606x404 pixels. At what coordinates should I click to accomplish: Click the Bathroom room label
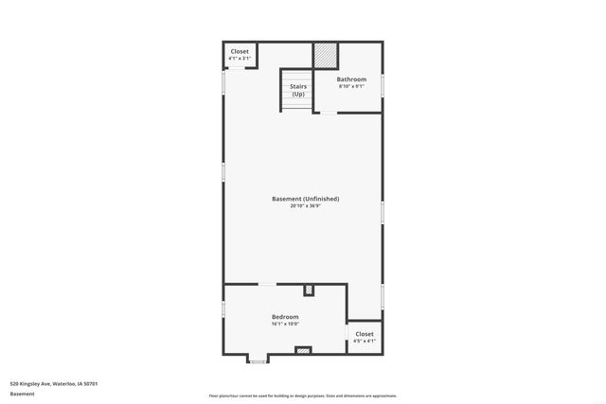tap(351, 79)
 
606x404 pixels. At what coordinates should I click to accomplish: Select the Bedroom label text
tap(285, 316)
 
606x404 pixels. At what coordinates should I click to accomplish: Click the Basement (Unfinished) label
tap(305, 199)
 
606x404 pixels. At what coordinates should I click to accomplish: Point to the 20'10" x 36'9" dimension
tap(305, 206)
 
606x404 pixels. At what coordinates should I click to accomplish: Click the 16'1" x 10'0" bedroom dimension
tap(285, 324)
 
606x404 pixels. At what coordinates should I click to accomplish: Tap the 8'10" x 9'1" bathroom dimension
tap(351, 86)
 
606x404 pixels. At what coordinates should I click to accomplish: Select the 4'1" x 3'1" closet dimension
tap(240, 58)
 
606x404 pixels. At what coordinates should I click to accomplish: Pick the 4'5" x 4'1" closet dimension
tap(365, 341)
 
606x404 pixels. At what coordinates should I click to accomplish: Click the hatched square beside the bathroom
tap(326, 55)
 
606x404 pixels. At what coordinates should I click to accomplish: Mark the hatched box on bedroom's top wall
tap(309, 290)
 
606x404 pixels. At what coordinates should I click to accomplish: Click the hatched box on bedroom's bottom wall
tap(303, 350)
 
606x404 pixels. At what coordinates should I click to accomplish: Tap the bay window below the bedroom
tap(258, 360)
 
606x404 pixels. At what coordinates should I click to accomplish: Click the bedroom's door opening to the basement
tap(269, 284)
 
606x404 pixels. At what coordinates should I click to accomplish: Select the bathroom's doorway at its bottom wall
tap(326, 113)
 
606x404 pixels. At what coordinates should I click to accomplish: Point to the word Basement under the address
tap(22, 393)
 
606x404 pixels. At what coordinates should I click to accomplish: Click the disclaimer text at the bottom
tap(302, 395)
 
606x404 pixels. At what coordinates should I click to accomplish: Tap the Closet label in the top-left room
tap(240, 51)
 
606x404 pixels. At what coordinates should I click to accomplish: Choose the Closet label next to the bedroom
tap(365, 334)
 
